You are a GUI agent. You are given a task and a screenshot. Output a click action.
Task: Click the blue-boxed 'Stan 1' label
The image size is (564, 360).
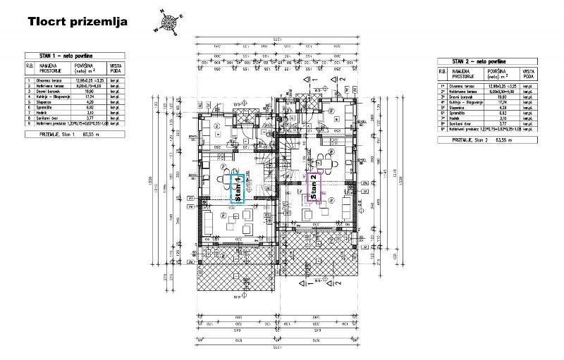[238, 188]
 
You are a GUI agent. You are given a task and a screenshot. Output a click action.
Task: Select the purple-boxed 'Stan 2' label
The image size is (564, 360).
[313, 187]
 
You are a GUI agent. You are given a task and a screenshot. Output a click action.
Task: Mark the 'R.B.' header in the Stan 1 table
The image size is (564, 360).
[29, 67]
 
